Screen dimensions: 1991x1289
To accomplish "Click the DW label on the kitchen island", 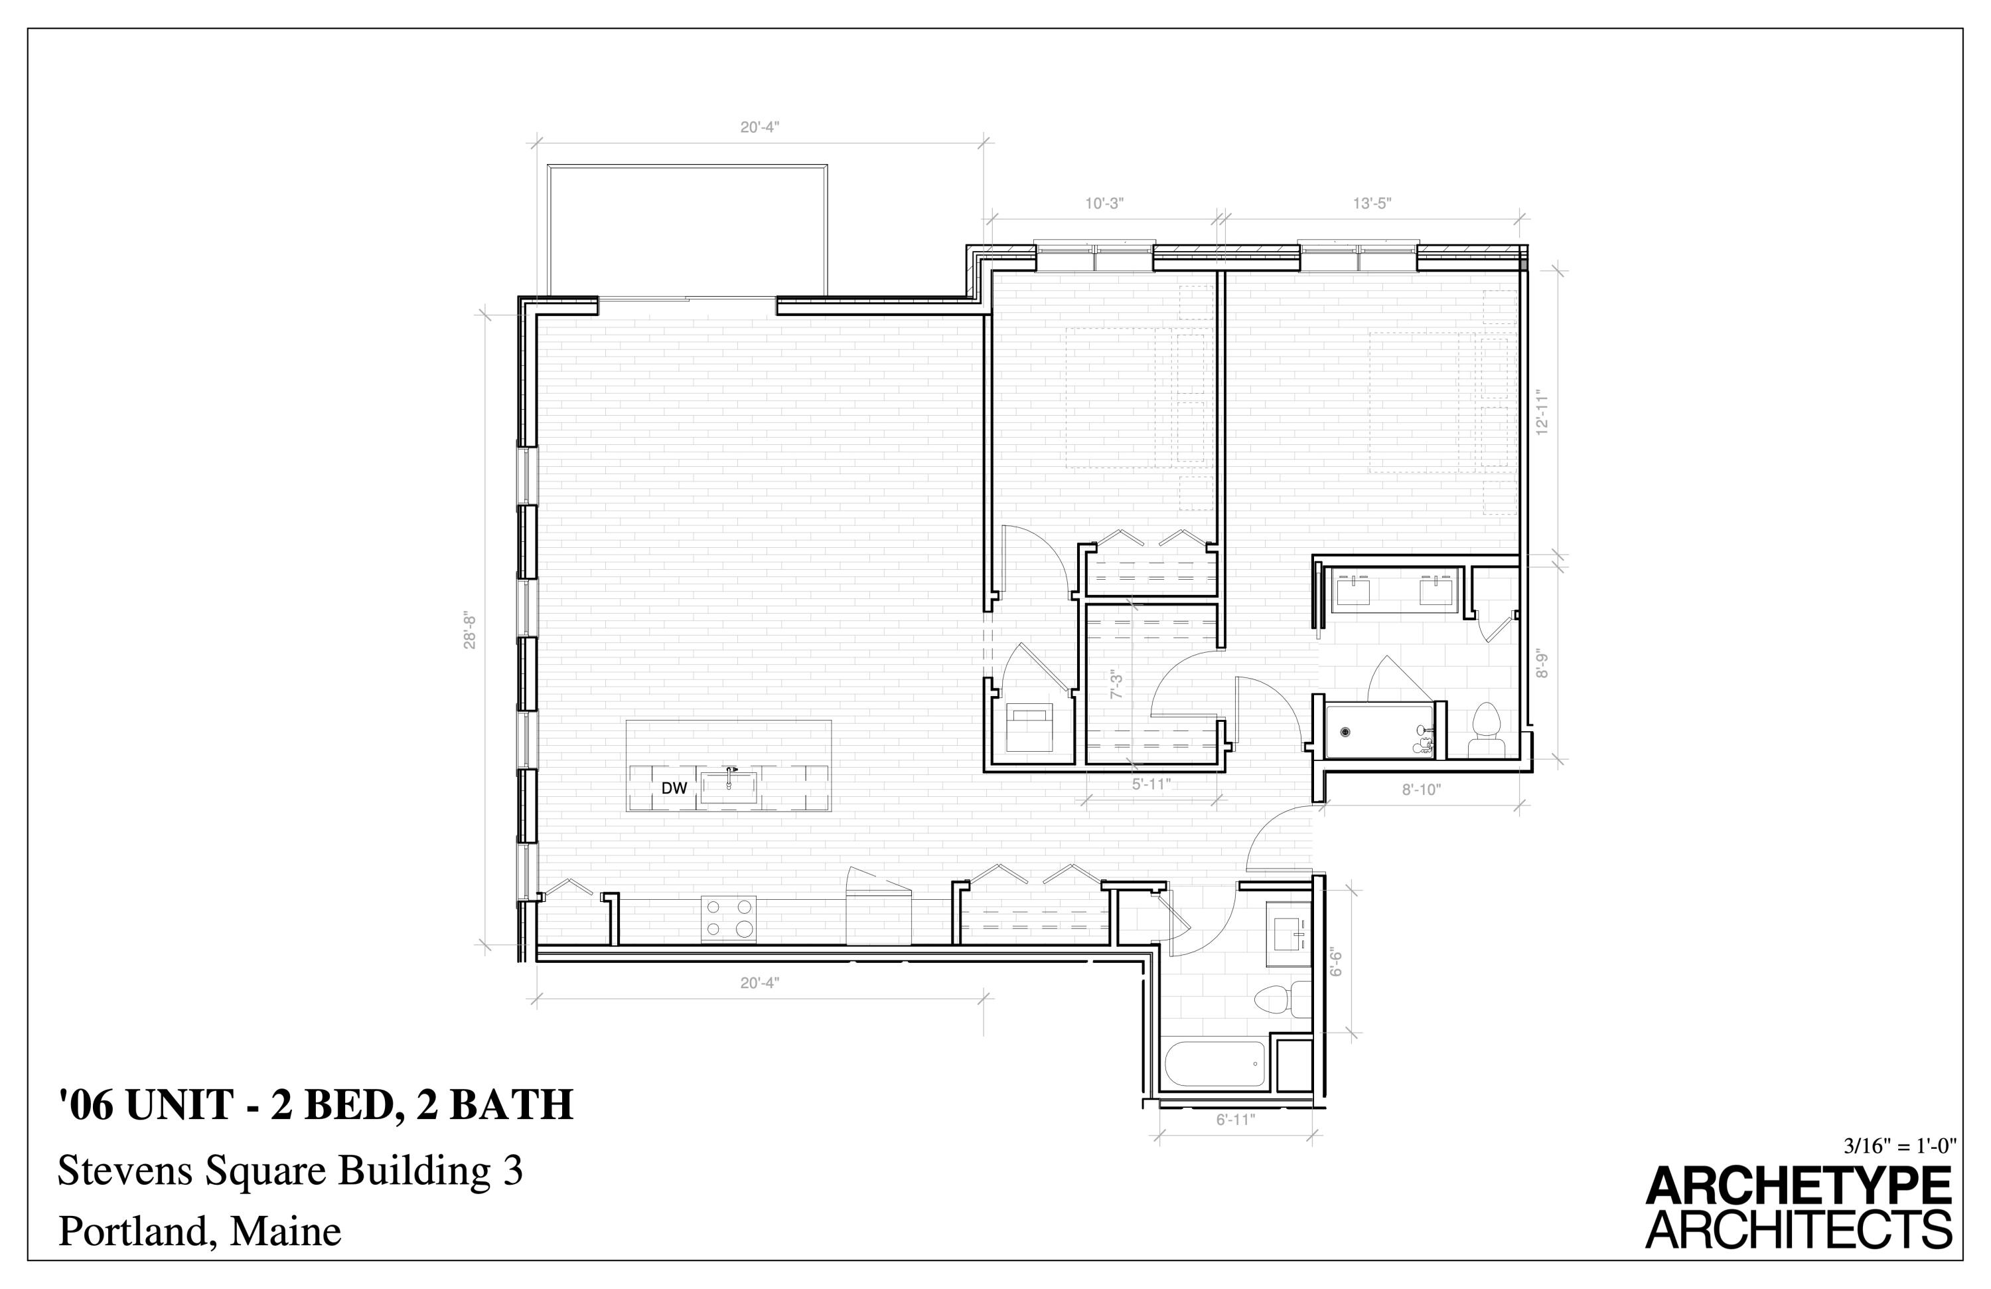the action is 674,788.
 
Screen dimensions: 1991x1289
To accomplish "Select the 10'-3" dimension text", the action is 1104,203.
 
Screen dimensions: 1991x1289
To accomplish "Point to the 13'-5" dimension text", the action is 1372,203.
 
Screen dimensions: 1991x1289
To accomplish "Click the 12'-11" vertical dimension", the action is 1542,414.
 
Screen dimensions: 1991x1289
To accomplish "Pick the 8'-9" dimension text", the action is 1542,665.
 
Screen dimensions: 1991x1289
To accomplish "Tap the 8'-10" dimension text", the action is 1422,788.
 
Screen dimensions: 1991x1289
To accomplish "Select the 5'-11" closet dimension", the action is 1151,784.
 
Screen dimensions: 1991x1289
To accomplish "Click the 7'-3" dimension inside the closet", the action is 1115,685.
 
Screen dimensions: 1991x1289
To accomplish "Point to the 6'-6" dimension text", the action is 1336,962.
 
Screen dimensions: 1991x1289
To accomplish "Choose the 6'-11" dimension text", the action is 1236,1119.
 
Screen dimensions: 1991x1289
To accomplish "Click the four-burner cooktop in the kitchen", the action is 729,919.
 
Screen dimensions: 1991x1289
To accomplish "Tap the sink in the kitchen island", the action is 728,786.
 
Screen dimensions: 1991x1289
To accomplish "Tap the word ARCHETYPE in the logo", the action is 1798,1187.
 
